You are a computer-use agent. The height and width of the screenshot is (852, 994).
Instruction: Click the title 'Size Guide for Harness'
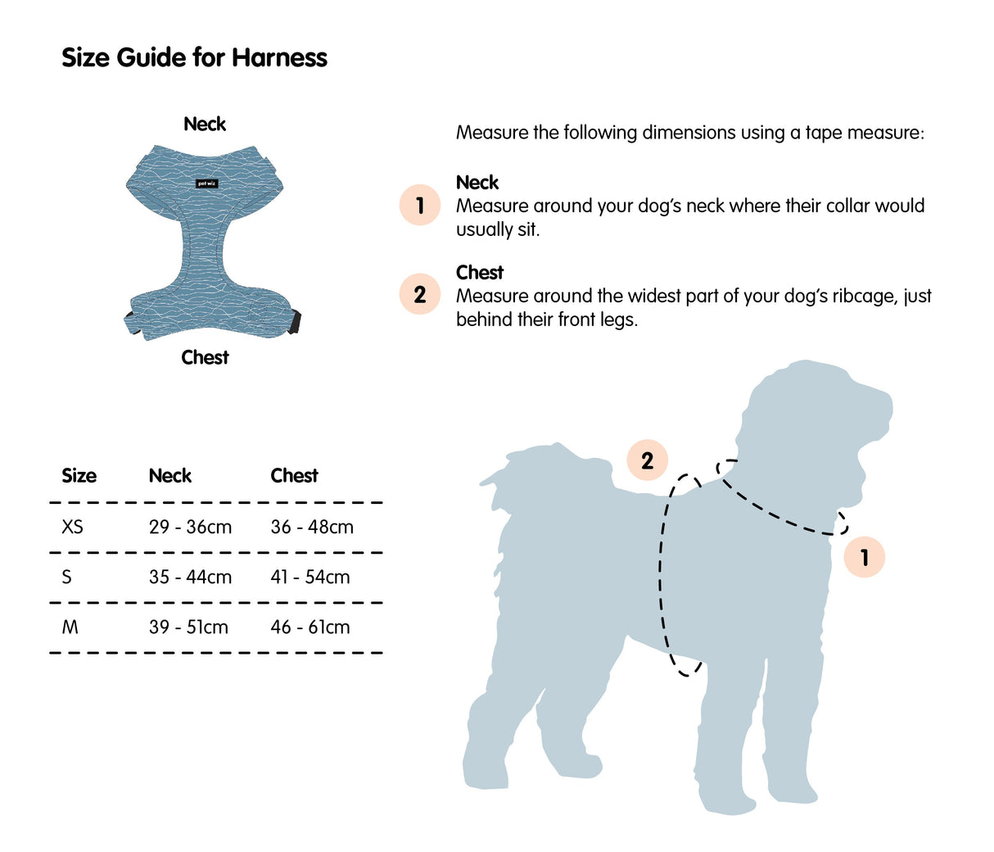[194, 57]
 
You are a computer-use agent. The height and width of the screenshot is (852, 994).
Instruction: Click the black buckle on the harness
[294, 321]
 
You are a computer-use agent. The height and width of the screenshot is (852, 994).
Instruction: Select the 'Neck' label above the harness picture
[205, 124]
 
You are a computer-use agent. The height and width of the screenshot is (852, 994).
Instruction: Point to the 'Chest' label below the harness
[205, 357]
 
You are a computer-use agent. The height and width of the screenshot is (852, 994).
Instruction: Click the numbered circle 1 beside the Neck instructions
[420, 205]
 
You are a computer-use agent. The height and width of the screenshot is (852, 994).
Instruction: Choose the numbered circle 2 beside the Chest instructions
[420, 294]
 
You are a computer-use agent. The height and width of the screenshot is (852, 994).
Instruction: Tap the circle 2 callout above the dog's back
[647, 460]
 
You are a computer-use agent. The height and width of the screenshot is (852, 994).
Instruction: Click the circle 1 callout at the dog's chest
[864, 557]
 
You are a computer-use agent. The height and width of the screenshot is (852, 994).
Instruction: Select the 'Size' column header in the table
[79, 476]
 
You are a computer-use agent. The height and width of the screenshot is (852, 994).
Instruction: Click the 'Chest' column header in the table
[294, 476]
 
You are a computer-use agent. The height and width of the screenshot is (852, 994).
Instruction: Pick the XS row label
[72, 527]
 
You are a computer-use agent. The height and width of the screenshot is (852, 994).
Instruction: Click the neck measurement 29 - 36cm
[190, 527]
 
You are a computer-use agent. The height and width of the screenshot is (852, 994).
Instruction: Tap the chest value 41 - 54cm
[310, 577]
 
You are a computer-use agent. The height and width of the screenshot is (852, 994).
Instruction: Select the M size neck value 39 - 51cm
[188, 627]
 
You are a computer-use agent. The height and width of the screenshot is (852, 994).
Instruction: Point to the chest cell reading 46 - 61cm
[310, 627]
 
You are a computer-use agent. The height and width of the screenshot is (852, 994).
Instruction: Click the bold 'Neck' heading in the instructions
[477, 182]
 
